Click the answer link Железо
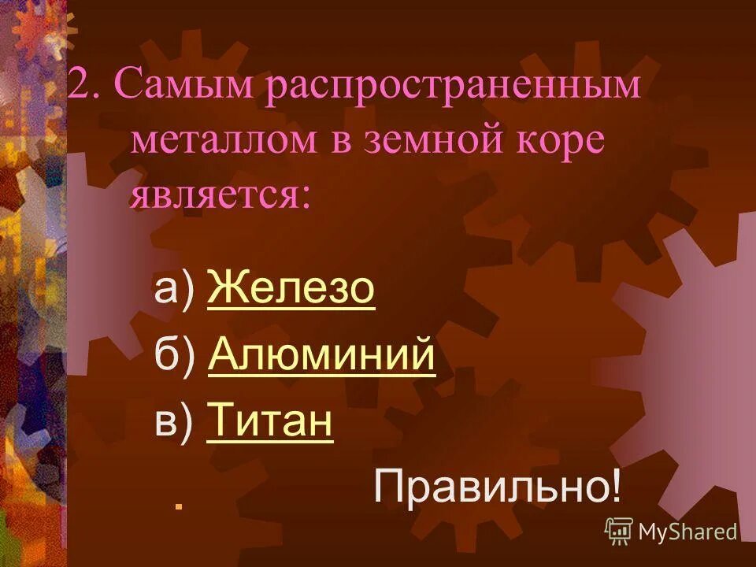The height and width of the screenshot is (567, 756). [291, 290]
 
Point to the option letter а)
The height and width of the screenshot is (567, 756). [174, 290]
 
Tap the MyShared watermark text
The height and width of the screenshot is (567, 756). [687, 532]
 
